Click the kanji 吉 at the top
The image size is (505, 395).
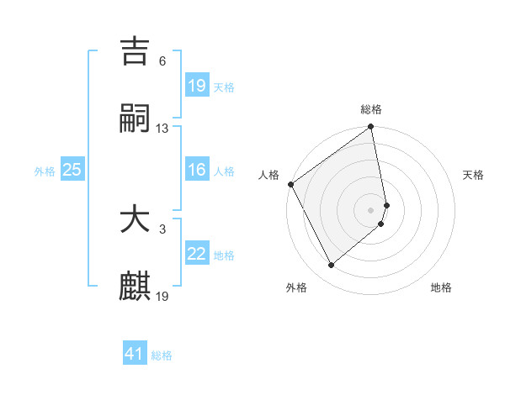click(x=135, y=52)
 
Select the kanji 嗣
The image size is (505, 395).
click(x=135, y=119)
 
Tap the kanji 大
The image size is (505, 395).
click(x=135, y=220)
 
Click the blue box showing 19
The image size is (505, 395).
click(x=196, y=85)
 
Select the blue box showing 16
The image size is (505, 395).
click(x=196, y=170)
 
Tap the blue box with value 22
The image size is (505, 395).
click(x=196, y=254)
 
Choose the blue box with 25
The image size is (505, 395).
click(x=72, y=170)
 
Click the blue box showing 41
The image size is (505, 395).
click(x=135, y=354)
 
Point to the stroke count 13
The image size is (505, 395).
click(x=162, y=129)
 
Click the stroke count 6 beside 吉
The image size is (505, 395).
click(x=162, y=61)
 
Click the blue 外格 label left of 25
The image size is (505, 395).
click(x=45, y=171)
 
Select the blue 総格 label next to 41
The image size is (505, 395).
click(x=162, y=355)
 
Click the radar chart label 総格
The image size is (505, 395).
click(x=371, y=109)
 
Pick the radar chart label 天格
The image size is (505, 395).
click(x=473, y=175)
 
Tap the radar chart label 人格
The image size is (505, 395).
click(x=268, y=175)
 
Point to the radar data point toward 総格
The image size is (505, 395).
click(x=371, y=128)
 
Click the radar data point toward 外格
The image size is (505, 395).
click(x=331, y=266)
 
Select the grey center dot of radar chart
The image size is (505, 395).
click(x=371, y=209)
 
